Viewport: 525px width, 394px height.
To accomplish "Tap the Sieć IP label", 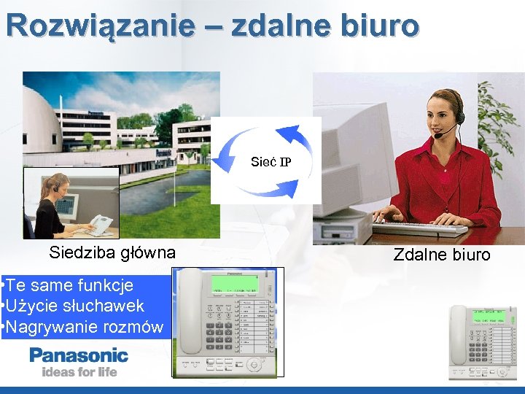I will pos(271,162).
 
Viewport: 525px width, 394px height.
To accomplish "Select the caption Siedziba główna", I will pos(112,253).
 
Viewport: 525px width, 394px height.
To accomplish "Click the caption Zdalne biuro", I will pos(442,255).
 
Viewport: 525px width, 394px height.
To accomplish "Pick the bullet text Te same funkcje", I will pos(69,285).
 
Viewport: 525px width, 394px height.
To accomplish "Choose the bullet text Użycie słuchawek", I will pos(74,306).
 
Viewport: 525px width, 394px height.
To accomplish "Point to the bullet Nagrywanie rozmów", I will pos(84,326).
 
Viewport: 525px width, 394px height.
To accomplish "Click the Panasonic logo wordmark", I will pos(79,356).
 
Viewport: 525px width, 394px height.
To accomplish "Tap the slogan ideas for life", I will pos(79,372).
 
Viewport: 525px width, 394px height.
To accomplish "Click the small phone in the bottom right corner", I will pos(481,341).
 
